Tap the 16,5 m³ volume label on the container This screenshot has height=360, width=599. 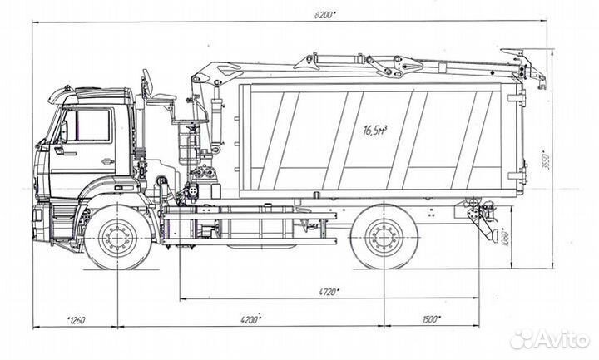(379, 130)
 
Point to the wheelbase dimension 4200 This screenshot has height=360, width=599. (250, 319)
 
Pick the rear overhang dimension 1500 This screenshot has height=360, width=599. (430, 319)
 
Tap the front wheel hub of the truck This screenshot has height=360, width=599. (119, 239)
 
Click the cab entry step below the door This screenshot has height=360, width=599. (62, 223)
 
